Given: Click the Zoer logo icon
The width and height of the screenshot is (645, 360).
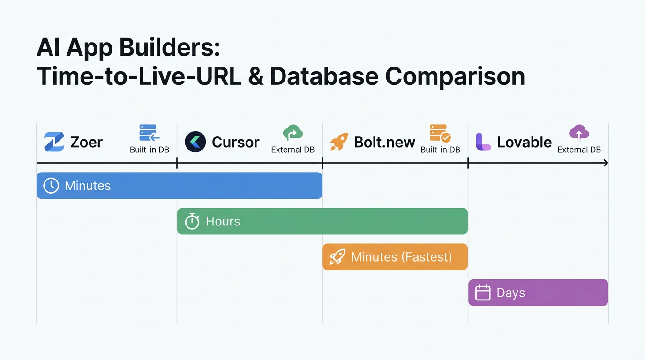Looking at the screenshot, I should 54,142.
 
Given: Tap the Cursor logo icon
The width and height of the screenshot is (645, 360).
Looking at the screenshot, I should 195,142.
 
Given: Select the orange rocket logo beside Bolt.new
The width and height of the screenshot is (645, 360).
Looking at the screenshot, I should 339,142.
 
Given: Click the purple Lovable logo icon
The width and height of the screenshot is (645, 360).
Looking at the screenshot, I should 483,142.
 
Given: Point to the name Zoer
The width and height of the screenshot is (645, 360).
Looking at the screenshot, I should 86,142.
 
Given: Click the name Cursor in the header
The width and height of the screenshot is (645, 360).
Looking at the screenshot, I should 235,142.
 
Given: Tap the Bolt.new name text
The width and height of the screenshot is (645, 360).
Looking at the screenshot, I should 384,142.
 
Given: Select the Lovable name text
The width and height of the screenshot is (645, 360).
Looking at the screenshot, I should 524,142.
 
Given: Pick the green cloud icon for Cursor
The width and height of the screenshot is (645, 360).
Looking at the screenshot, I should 293,133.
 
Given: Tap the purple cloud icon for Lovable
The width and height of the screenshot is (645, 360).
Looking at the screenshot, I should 579,133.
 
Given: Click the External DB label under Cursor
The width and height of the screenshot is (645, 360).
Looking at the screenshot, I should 293,150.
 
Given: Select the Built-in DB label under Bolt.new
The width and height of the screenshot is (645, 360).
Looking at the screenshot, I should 440,150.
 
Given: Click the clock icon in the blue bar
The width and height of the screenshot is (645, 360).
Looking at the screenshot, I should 51,186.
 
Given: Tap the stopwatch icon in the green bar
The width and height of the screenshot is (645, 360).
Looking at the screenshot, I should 192,221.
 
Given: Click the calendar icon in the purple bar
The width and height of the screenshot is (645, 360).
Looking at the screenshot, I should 483,292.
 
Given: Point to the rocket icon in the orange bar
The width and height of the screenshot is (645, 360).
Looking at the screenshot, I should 337,257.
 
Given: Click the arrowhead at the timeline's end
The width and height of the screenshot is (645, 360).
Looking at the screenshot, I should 606,163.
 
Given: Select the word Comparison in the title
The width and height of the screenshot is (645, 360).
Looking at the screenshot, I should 455,76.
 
